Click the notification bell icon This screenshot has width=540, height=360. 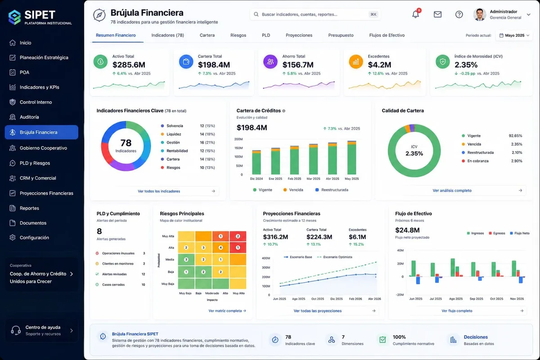(415, 14)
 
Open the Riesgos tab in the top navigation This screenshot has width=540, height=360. (238, 35)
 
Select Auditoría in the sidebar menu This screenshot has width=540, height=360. (29, 117)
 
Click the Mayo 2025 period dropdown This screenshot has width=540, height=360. (514, 35)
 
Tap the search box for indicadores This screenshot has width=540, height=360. (315, 14)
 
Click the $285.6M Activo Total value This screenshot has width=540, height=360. (129, 65)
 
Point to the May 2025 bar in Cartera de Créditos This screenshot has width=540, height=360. (351, 157)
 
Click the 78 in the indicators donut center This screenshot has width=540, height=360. (126, 143)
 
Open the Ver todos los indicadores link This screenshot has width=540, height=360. (159, 191)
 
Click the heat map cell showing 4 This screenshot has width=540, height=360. (220, 247)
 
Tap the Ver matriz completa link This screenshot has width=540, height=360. (227, 311)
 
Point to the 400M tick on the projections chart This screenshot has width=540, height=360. (266, 258)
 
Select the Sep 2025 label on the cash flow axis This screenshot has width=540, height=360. (476, 299)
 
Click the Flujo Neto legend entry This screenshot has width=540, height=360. (520, 233)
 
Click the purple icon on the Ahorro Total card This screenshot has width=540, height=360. (270, 62)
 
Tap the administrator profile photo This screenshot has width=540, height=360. (480, 14)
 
